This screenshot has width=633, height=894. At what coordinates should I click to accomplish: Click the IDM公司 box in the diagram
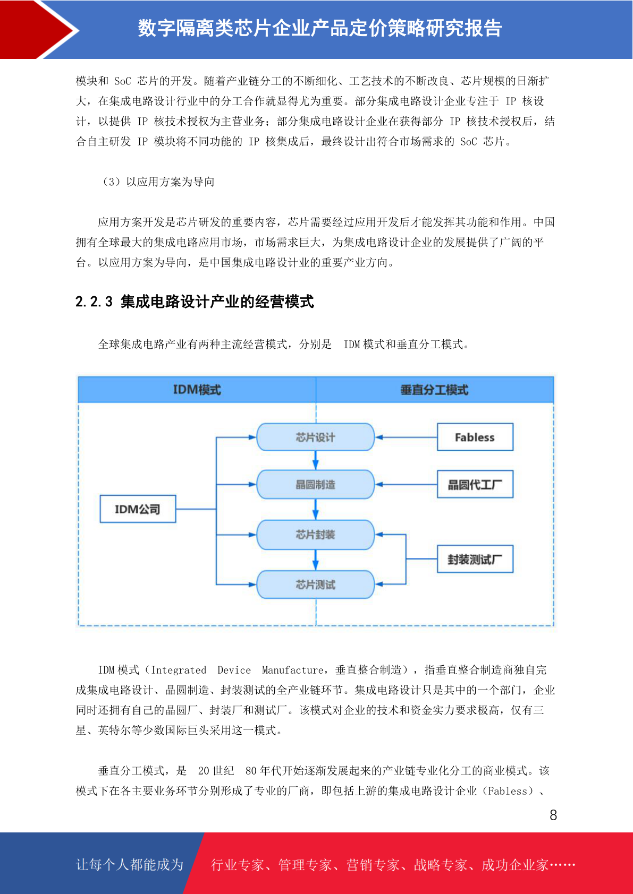(138, 509)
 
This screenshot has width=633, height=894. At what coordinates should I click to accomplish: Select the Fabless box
(475, 437)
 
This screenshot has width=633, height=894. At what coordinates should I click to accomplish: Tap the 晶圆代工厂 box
(475, 484)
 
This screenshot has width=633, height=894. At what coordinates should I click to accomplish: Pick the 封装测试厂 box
(475, 559)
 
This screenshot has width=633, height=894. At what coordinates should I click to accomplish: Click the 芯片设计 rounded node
(315, 437)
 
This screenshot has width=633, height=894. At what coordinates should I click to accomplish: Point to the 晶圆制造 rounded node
(315, 485)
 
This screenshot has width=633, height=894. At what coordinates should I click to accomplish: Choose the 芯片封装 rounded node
(315, 535)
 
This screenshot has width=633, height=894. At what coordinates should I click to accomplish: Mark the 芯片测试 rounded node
(315, 584)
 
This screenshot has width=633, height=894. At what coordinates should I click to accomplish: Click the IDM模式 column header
(197, 390)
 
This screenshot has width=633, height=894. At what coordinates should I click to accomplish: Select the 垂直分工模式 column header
(434, 390)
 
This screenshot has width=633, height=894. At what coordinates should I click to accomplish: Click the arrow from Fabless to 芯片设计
(406, 437)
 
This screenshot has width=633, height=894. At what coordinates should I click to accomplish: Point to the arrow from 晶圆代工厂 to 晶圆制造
(406, 484)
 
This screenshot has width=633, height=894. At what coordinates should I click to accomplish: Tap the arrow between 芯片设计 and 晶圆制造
(315, 461)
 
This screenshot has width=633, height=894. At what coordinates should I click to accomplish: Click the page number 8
(553, 815)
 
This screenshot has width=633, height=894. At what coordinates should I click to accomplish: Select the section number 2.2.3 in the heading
(94, 302)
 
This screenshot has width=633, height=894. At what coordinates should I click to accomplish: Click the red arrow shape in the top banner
(40, 30)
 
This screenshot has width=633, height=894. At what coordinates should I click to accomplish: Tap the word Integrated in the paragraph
(179, 670)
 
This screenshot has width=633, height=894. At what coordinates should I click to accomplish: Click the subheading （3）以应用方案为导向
(159, 182)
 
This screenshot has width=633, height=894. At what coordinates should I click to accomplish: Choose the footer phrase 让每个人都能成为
(130, 864)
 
